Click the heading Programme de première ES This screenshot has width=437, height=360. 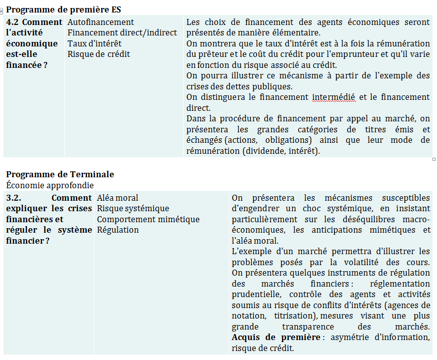(63, 9)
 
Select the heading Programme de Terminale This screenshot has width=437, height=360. (60, 174)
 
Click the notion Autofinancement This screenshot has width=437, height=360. (100, 22)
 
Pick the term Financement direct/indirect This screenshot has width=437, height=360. (122, 32)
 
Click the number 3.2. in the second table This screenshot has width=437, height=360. (14, 198)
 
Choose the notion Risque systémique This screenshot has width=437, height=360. (133, 208)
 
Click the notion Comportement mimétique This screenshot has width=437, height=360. (148, 219)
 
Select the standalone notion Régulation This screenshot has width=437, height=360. (118, 230)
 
